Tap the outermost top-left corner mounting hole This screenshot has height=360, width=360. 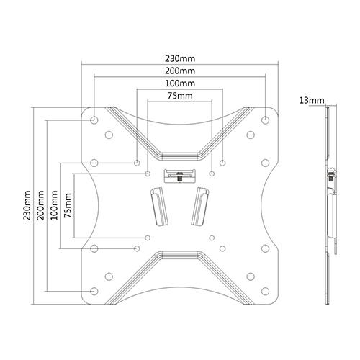click(94, 119)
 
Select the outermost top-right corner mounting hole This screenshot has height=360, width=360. click(266, 119)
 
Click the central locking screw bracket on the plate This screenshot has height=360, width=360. click(179, 175)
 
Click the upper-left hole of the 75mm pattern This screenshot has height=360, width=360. click(148, 174)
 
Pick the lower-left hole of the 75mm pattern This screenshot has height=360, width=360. click(148, 236)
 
